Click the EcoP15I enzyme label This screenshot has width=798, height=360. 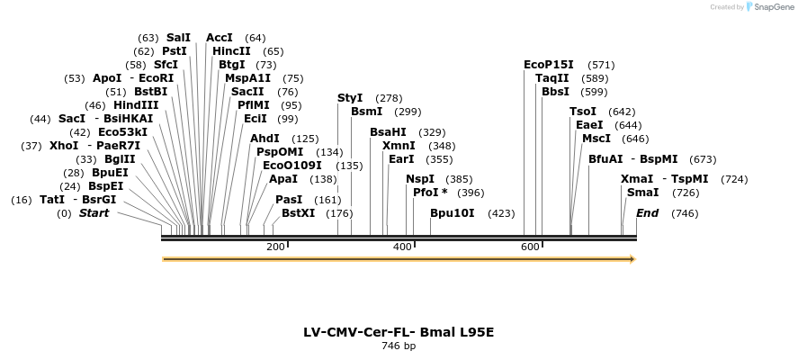pos(549,65)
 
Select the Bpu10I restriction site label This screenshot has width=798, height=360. pos(453,214)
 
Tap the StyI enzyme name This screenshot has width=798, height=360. pos(350,98)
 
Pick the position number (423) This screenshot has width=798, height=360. pos(501,214)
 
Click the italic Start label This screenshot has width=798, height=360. pos(94,214)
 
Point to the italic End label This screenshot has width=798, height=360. pos(647,214)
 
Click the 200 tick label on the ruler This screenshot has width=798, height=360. pos(275,247)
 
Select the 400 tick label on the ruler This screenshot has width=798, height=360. pos(402,247)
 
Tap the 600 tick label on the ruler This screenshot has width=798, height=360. pos(529,247)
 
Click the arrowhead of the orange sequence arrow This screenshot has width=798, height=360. pos(632,259)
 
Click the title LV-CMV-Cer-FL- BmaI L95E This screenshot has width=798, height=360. pos(399,332)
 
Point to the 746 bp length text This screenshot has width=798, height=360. pos(399,346)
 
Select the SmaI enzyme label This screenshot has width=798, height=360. pos(642,193)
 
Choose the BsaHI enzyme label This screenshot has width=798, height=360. pos(389,132)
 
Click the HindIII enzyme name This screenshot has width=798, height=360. pos(136,105)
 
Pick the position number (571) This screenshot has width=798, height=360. pos(601,65)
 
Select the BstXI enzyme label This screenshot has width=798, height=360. pos(299,214)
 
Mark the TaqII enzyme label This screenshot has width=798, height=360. pos(552,78)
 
